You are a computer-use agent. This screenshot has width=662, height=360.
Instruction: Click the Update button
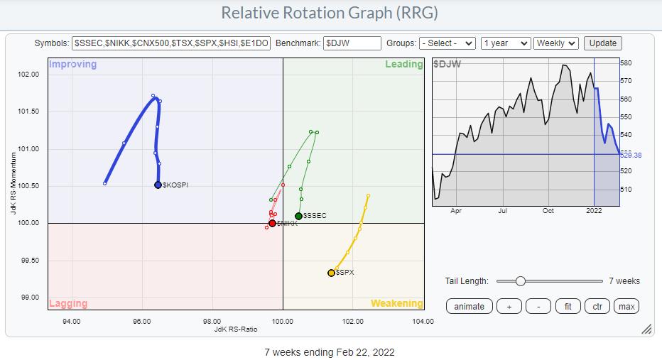tap(603, 43)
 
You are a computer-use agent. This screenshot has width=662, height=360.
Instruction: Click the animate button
tap(469, 306)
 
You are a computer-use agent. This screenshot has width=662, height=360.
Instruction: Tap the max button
tap(626, 306)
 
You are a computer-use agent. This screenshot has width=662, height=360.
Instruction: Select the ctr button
tap(598, 306)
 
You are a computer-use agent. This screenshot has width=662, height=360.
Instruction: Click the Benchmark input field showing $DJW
tap(352, 43)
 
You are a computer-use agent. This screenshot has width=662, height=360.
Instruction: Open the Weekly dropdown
tap(556, 43)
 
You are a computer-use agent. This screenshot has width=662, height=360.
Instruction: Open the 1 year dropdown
tap(505, 43)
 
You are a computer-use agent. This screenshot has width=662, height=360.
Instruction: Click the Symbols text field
tap(171, 43)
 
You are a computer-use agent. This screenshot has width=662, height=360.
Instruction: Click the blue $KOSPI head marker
tap(158, 185)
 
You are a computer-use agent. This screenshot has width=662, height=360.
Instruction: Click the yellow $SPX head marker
tap(331, 273)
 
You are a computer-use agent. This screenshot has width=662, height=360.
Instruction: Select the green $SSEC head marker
tap(298, 216)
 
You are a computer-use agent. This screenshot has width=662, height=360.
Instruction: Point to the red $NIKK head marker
tap(272, 223)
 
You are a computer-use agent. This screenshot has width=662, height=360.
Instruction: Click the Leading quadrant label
tap(403, 65)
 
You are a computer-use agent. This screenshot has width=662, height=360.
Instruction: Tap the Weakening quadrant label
tap(396, 303)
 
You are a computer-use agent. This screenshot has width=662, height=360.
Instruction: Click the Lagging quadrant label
tap(68, 303)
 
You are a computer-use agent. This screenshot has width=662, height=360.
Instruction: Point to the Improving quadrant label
tap(72, 65)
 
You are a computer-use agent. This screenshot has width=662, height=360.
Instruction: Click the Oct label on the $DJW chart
tap(548, 210)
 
